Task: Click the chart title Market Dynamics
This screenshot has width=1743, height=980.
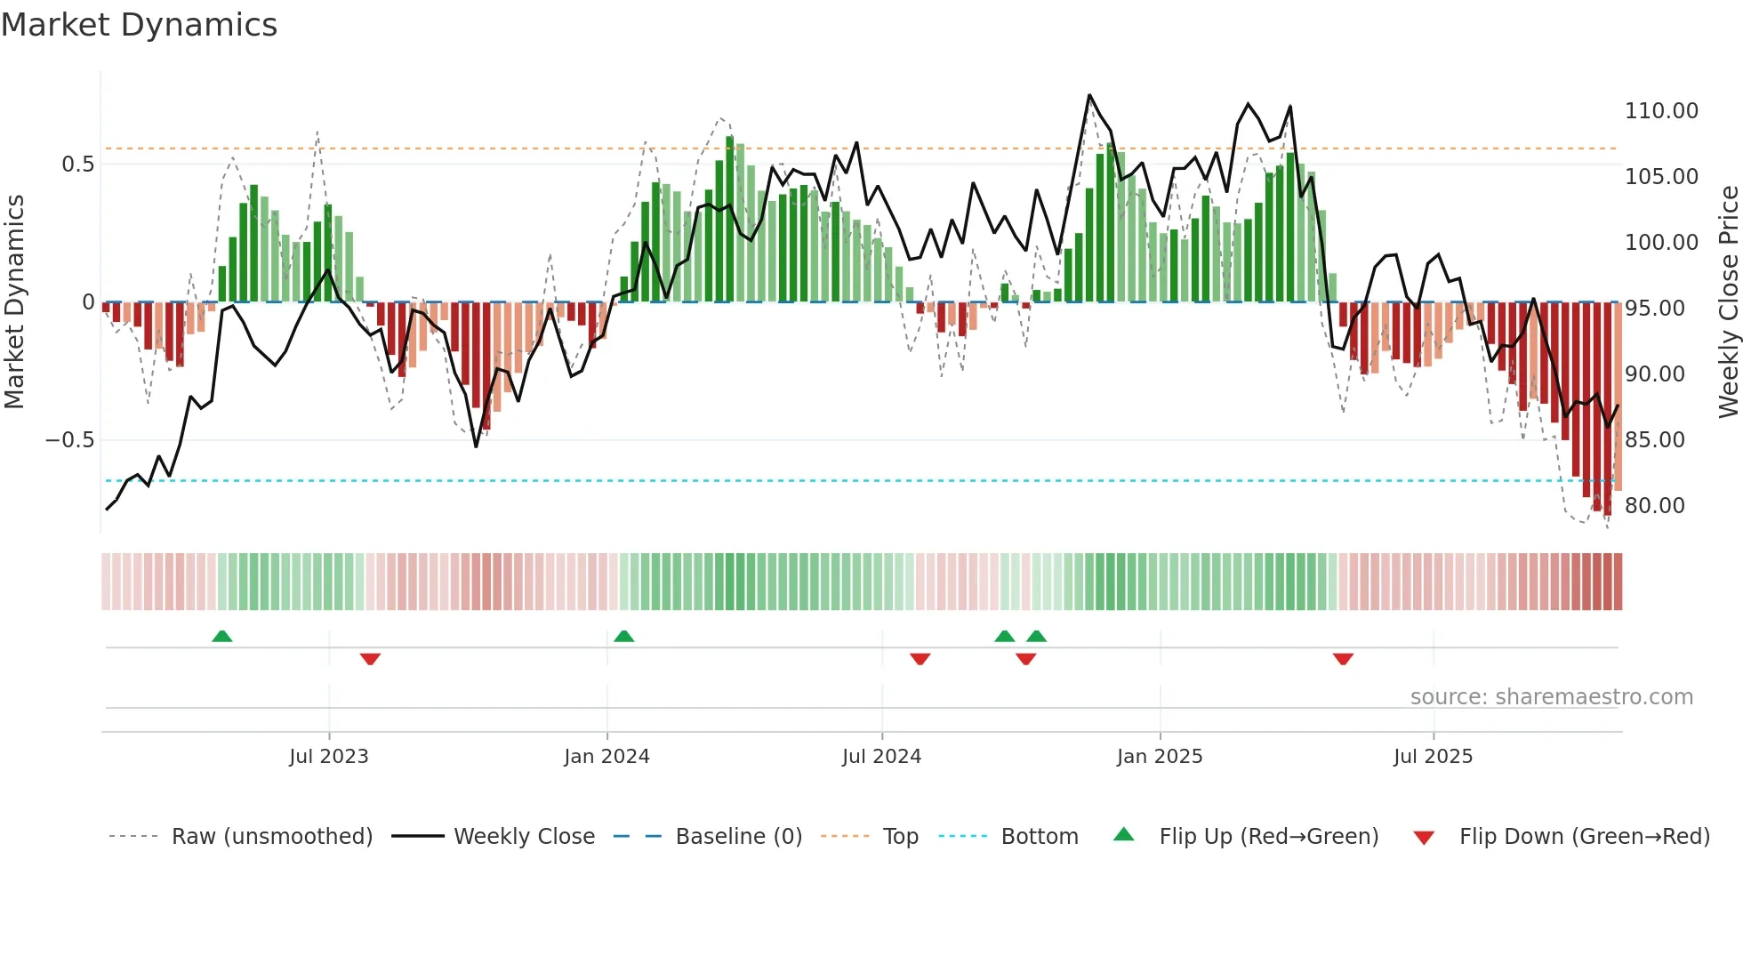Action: (140, 25)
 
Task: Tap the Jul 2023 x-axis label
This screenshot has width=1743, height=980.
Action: (328, 757)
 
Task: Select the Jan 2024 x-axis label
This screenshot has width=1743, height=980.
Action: (606, 757)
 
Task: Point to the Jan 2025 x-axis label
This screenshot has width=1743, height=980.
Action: (1160, 757)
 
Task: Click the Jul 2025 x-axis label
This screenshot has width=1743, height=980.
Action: (1433, 757)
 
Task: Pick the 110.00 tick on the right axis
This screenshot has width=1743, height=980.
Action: (1661, 111)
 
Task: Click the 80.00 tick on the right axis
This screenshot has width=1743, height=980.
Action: (1654, 506)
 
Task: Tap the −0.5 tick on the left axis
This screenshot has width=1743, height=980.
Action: (69, 440)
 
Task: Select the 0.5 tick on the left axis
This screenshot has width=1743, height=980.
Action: (77, 165)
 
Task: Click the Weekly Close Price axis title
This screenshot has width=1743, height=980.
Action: (1728, 301)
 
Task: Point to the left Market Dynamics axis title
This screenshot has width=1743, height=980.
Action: (14, 301)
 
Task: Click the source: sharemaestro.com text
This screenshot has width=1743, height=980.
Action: (1551, 697)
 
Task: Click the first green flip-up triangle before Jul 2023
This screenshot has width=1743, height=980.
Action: (222, 636)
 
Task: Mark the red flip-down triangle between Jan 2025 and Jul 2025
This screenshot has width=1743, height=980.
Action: (1343, 659)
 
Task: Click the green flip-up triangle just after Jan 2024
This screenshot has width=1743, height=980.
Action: (624, 636)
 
